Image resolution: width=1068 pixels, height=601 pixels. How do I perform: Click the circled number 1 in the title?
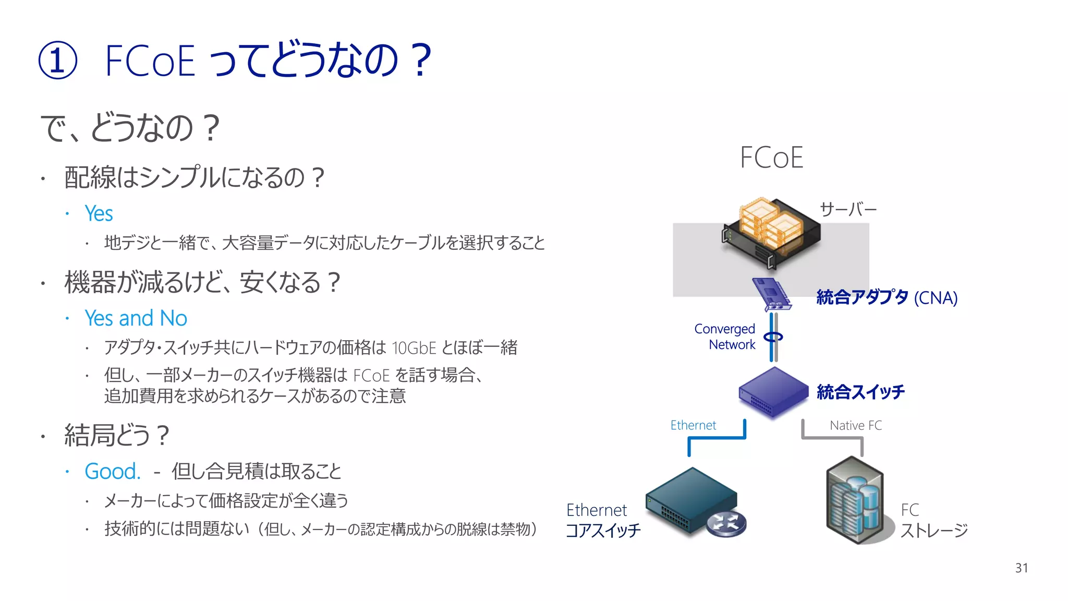pos(58,61)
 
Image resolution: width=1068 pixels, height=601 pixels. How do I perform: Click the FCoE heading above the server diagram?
pos(771,158)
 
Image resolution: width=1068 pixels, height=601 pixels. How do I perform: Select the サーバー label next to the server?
pos(848,210)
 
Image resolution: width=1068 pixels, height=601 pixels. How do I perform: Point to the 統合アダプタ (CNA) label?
pos(887,297)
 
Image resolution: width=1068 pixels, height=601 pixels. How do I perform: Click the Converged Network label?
pos(725,336)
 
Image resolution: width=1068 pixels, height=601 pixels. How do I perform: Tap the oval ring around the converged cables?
pos(773,336)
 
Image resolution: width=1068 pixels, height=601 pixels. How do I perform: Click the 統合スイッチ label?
pos(860,392)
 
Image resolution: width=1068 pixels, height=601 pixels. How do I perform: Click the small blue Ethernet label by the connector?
pos(693,425)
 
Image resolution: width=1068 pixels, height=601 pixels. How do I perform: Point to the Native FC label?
pos(856,425)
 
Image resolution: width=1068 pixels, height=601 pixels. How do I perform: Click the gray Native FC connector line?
pos(833,438)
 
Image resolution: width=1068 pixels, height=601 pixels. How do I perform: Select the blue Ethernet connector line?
pos(717,438)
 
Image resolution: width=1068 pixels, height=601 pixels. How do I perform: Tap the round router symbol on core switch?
pos(726,523)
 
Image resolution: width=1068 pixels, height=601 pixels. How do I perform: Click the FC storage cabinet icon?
pos(855,501)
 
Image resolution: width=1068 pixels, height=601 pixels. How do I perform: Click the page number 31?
pos(1021,568)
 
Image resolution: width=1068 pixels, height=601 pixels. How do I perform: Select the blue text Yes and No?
pos(136,318)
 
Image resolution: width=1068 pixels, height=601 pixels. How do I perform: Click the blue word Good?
pos(112,472)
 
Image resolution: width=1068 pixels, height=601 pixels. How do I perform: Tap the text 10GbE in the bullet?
pos(414,348)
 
